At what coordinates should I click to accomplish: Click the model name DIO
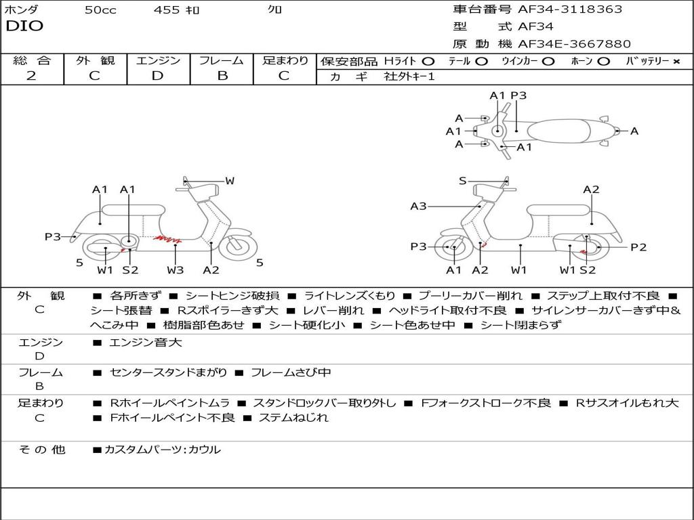click(24, 26)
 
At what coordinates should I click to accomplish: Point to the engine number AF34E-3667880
click(574, 44)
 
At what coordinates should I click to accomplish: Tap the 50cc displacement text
click(100, 9)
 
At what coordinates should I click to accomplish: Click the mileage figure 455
click(167, 9)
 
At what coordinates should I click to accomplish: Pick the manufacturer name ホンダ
click(22, 9)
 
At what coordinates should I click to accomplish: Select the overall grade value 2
click(31, 76)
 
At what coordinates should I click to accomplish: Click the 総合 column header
click(32, 60)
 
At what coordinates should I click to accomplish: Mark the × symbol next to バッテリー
click(676, 61)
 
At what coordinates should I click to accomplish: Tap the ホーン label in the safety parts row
click(581, 61)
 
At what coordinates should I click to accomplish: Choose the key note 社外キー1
click(410, 77)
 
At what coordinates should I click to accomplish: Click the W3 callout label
click(176, 270)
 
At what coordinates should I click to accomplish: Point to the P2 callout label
click(638, 247)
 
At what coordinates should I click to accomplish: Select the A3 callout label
click(418, 206)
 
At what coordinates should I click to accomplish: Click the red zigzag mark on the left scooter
click(167, 238)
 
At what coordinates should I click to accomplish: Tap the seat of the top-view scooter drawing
click(563, 130)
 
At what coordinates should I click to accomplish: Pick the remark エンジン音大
click(145, 343)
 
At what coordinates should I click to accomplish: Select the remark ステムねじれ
click(293, 418)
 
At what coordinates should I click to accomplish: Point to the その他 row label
click(41, 449)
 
